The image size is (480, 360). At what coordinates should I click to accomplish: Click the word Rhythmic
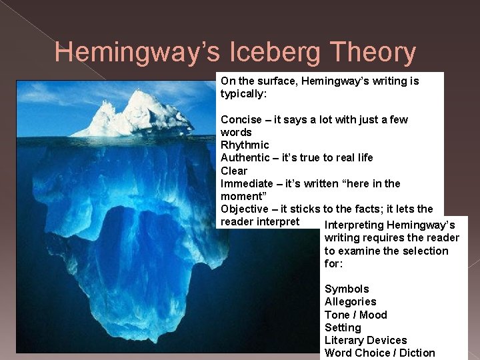click(x=245, y=145)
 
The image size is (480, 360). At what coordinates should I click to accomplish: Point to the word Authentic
click(x=245, y=158)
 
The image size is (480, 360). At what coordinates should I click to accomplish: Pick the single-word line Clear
click(x=233, y=171)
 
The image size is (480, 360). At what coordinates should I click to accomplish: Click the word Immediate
click(x=247, y=183)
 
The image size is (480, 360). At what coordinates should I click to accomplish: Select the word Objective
click(x=245, y=209)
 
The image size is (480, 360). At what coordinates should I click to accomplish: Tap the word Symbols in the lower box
click(x=346, y=289)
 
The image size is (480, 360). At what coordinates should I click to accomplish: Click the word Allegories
click(x=350, y=302)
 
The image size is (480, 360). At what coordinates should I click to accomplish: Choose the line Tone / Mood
click(x=355, y=315)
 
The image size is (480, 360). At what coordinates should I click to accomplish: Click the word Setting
click(x=342, y=327)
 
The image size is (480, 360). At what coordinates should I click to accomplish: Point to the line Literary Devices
click(x=365, y=340)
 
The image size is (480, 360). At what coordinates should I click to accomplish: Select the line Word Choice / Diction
click(x=379, y=353)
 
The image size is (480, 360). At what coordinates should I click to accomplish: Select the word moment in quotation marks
click(x=240, y=196)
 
